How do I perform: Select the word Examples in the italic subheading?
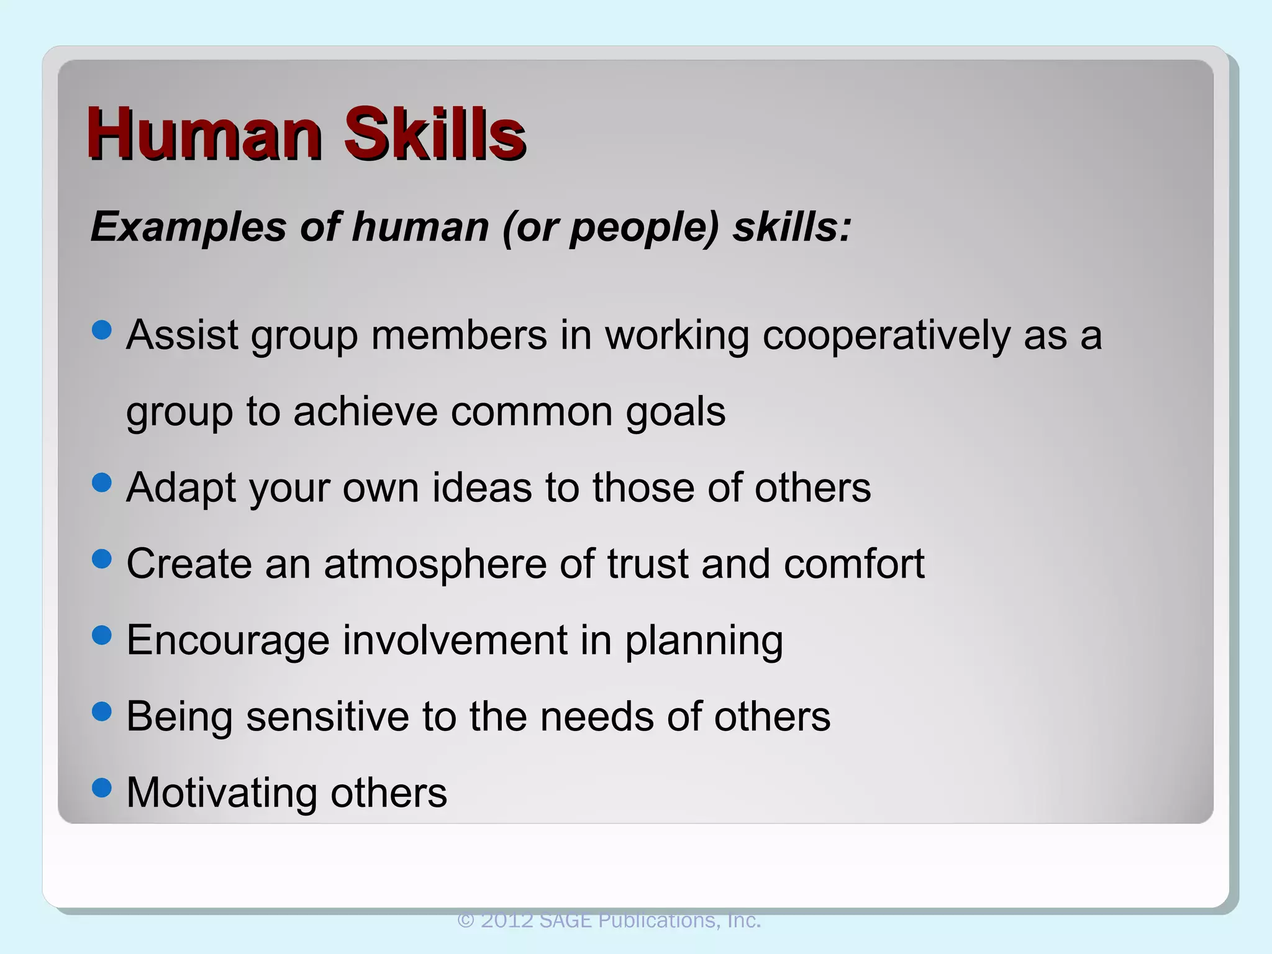click(189, 227)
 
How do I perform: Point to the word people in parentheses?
click(643, 228)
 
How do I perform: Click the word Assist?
click(183, 335)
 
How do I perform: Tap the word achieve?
click(365, 412)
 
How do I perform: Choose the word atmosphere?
click(435, 565)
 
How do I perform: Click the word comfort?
click(854, 564)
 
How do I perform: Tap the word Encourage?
click(228, 641)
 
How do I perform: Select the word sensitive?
click(327, 717)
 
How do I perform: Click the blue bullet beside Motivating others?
click(101, 788)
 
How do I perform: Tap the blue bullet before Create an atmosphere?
click(101, 558)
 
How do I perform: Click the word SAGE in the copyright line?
click(565, 920)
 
